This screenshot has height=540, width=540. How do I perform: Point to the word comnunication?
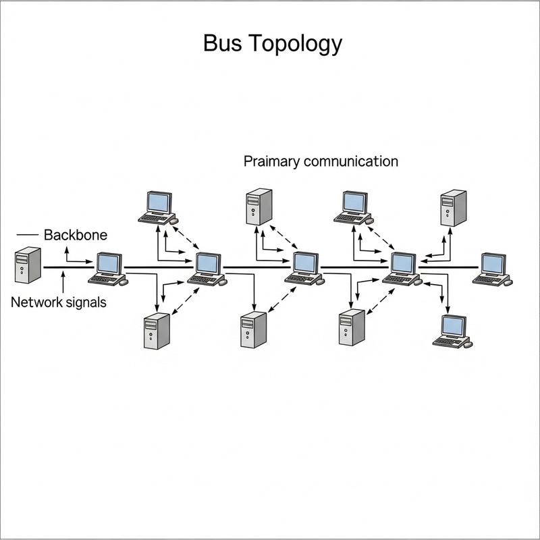351,162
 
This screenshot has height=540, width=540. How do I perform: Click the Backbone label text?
76,236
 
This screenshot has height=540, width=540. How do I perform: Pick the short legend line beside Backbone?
26,235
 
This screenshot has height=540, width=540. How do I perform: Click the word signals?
85,302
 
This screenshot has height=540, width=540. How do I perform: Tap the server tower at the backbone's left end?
28,265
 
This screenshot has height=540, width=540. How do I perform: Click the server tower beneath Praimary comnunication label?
259,207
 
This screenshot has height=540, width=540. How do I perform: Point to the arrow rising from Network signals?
62,282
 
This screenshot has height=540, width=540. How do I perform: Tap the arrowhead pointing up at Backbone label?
66,249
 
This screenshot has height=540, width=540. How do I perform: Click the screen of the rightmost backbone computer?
493,263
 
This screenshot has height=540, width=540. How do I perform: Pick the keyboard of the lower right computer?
450,342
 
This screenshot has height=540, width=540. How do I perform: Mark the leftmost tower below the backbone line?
157,330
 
